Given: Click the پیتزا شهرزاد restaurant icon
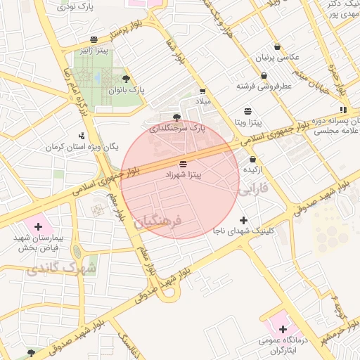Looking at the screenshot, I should pyautogui.click(x=184, y=162).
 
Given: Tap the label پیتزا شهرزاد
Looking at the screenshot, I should pyautogui.click(x=184, y=173).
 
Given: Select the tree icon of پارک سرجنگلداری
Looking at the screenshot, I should pyautogui.click(x=176, y=117).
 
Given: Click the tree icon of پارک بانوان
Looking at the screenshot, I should pyautogui.click(x=126, y=79).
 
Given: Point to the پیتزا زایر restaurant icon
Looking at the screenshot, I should pyautogui.click(x=94, y=39).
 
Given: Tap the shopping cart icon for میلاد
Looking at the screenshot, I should pyautogui.click(x=202, y=91).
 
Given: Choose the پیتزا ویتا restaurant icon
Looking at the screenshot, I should pyautogui.click(x=247, y=111).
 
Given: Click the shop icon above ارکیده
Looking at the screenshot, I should pyautogui.click(x=252, y=160).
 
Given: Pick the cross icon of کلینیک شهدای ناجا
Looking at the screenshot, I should pyautogui.click(x=243, y=220).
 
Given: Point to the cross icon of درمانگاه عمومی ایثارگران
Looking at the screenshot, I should pyautogui.click(x=283, y=329).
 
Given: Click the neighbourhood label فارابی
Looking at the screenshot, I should pyautogui.click(x=252, y=191).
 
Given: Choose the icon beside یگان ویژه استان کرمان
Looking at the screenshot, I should pyautogui.click(x=82, y=135).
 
